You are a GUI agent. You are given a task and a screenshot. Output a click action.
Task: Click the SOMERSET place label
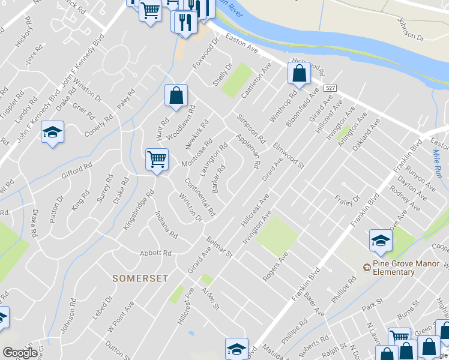tap(140, 278)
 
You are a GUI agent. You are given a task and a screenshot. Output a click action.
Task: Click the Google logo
tap(20, 353)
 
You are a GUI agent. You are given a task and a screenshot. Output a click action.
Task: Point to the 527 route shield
tap(330, 88)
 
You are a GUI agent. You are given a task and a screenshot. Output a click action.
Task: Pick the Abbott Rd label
tap(155, 253)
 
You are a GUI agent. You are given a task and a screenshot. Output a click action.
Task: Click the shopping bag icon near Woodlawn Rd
tap(176, 95)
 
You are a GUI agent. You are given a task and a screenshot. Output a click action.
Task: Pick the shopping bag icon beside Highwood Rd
tap(299, 73)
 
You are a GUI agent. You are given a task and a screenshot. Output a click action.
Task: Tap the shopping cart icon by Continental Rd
tap(157, 160)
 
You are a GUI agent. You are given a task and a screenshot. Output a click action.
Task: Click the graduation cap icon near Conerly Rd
tap(52, 133)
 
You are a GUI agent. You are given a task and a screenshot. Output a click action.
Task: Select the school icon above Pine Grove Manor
tap(381, 241)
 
